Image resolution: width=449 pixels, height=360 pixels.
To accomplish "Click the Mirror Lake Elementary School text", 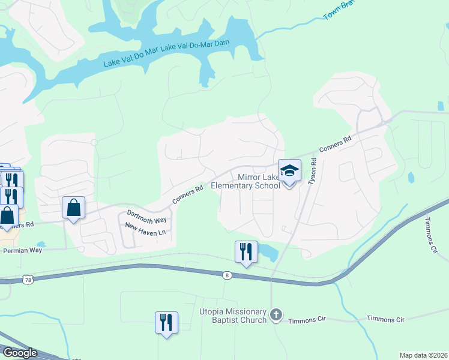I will point(259,181).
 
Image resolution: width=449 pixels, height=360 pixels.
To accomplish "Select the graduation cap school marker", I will point(289,171).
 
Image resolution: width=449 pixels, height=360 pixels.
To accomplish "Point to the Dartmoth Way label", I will point(147,217).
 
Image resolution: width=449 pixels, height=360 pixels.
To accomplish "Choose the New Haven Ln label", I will point(145,229).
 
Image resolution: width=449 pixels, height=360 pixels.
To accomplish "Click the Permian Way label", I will point(22,250).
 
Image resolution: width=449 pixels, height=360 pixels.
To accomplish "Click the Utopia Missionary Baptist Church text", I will point(233,316).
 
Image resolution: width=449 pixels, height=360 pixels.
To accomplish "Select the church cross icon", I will point(276,314).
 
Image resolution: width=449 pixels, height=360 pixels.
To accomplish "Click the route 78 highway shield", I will point(28,280).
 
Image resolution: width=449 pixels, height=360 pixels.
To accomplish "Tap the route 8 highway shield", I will point(226,275).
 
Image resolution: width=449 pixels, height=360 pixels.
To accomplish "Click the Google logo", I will point(19,353).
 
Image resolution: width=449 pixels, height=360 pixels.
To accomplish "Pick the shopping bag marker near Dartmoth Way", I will point(73,208).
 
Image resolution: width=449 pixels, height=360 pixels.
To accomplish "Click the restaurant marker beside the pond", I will point(246,252).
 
